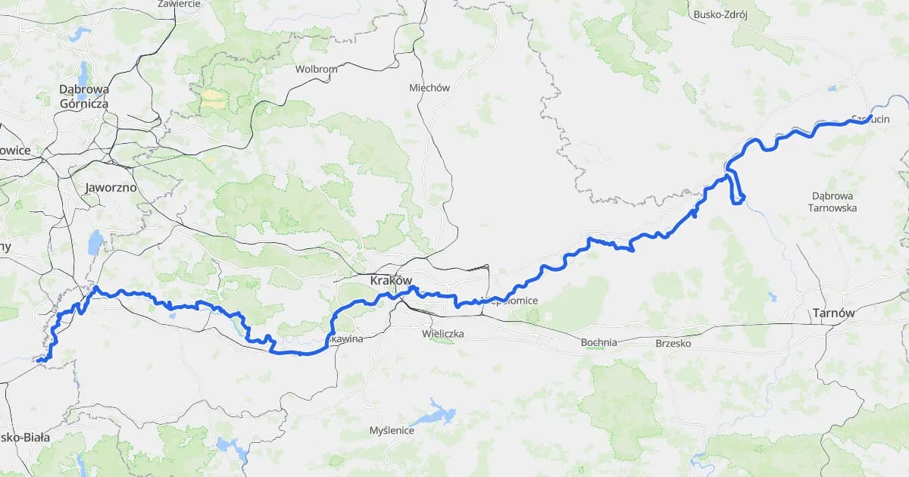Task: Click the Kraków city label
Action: [391, 280]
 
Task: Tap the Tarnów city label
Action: [832, 313]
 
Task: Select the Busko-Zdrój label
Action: [720, 14]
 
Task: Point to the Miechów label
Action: [430, 87]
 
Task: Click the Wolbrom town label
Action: [316, 69]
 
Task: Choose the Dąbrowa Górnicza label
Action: [83, 96]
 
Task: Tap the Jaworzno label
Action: [111, 187]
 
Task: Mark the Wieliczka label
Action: [443, 333]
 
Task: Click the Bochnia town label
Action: [598, 342]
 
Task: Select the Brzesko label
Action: [673, 342]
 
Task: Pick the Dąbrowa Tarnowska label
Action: [832, 201]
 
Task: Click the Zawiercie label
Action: [179, 4]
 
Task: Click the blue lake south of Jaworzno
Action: [95, 243]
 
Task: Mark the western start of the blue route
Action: [38, 361]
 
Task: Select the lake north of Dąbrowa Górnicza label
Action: [79, 34]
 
